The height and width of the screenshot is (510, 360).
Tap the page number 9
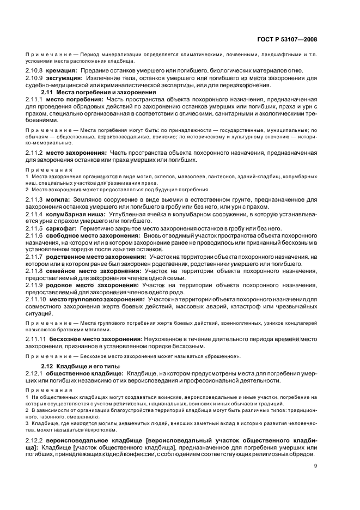315,465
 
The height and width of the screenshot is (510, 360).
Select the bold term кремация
61,71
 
